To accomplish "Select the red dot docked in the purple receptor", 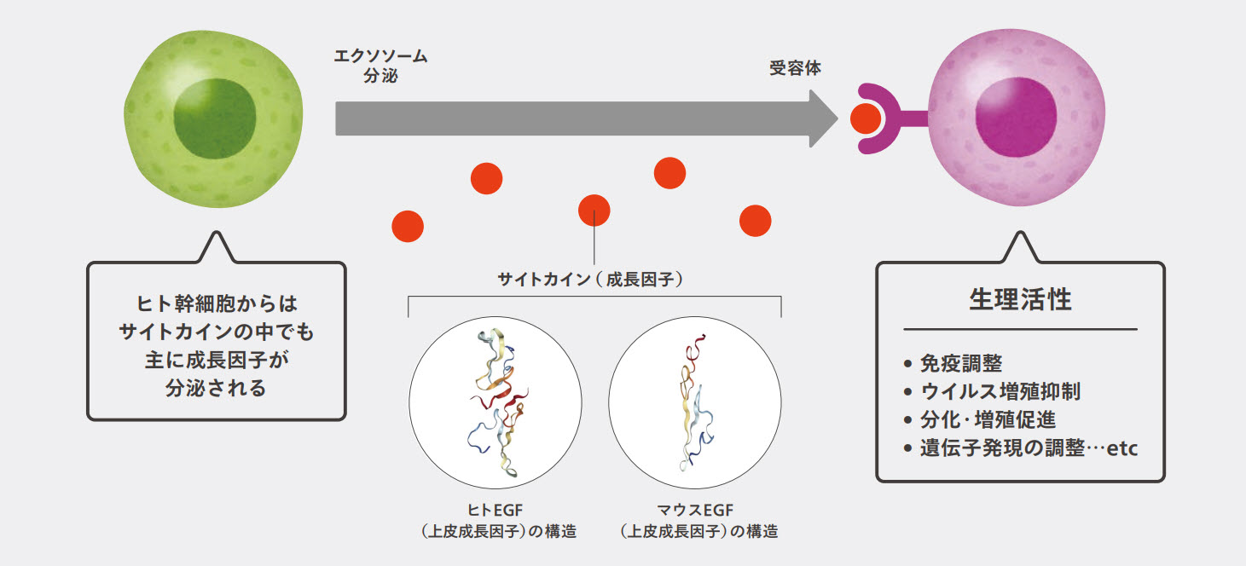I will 866,118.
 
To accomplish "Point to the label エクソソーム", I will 380,57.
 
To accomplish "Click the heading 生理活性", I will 1020,300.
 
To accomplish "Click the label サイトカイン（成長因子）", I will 594,278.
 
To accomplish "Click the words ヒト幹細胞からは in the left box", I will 217,303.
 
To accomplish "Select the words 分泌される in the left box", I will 217,389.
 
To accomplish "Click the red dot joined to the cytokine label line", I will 594,210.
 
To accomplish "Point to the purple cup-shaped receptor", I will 883,118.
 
